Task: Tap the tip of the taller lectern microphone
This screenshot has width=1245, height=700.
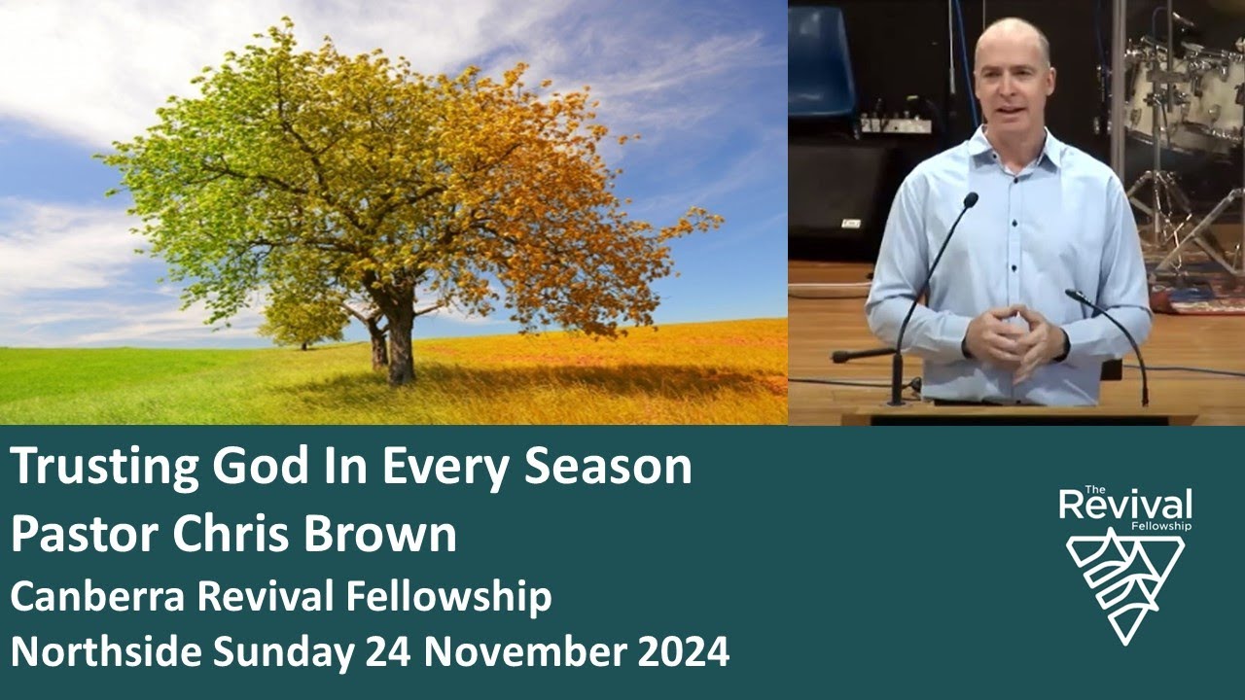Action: point(970,199)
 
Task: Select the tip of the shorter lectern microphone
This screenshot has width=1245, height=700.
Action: point(1072,294)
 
